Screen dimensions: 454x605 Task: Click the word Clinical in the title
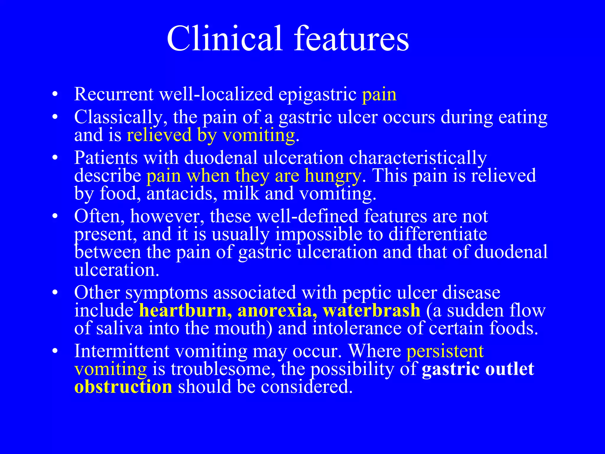point(224,39)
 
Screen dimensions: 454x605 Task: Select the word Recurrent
point(114,95)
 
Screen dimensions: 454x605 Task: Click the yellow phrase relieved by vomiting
point(211,135)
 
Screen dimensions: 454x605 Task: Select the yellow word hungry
point(333,176)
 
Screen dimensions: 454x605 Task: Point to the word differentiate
point(438,234)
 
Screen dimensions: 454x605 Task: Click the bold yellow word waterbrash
point(371,311)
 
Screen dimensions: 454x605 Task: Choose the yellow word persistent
point(445,351)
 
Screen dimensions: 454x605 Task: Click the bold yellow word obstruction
point(123,387)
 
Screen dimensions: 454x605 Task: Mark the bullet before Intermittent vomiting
point(54,352)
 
